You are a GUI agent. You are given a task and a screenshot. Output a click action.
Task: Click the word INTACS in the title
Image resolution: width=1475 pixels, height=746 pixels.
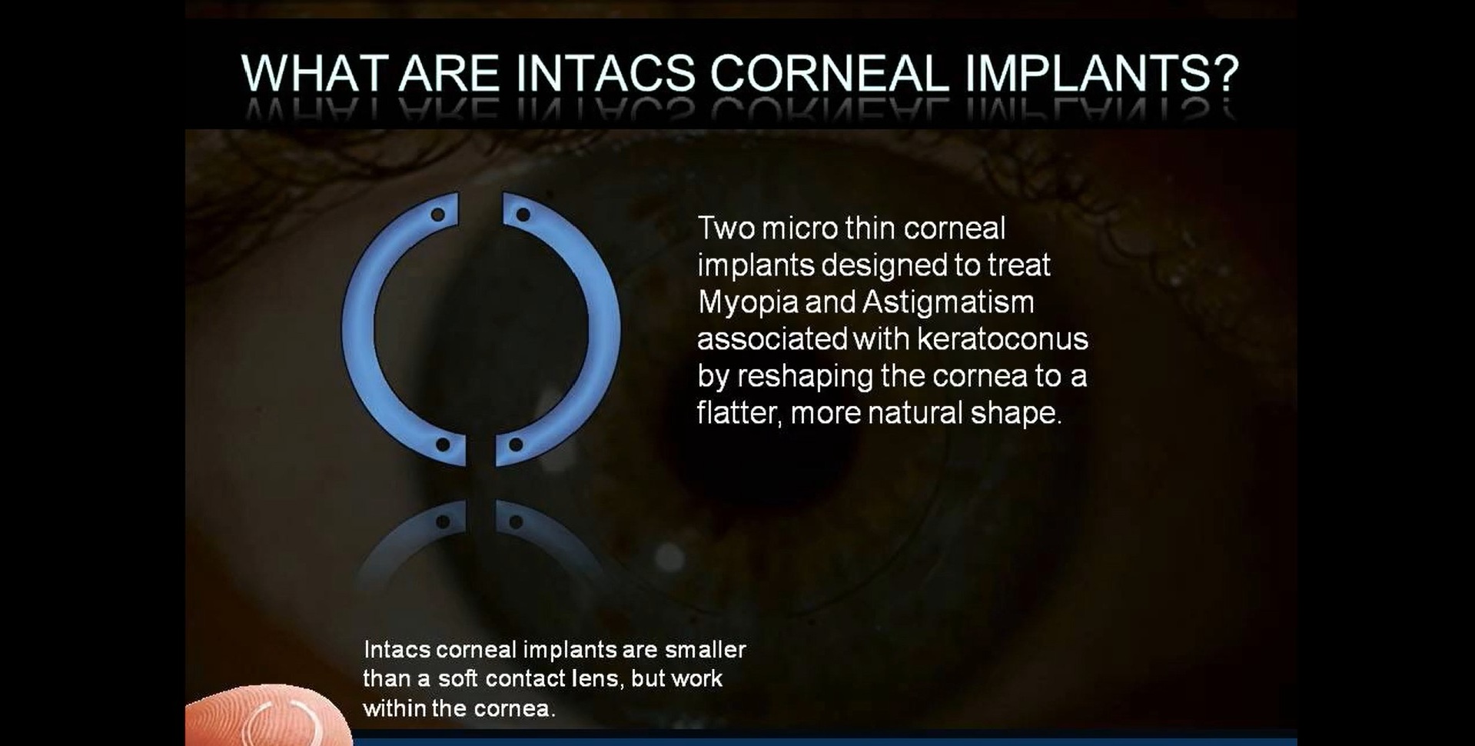click(606, 73)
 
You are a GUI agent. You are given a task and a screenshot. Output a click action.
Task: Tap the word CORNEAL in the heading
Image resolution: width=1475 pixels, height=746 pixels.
click(829, 73)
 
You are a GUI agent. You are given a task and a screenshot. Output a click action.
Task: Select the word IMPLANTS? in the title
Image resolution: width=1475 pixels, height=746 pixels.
click(1102, 73)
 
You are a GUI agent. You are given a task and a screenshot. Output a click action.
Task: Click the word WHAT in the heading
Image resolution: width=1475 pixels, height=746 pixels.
click(313, 73)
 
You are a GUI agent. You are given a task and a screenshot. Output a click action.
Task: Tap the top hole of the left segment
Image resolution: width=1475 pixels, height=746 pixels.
click(437, 215)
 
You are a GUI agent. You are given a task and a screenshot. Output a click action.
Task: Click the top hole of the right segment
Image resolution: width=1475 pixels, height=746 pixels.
click(523, 215)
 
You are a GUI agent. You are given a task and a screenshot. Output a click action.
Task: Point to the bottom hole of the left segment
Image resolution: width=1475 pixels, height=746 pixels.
click(443, 445)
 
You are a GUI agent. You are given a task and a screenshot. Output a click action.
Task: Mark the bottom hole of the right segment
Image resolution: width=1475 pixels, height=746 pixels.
click(516, 445)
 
